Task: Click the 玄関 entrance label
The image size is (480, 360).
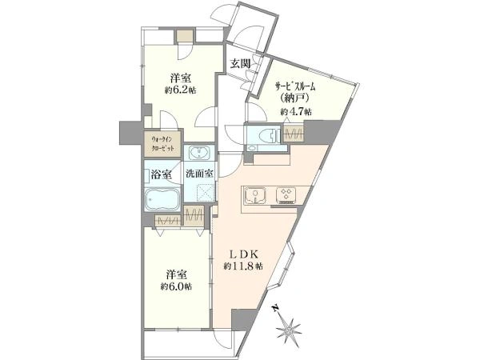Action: (240, 64)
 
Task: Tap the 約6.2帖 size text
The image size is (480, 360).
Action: (181, 90)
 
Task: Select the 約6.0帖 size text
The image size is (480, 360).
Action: (177, 287)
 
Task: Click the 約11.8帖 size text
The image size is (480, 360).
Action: (243, 266)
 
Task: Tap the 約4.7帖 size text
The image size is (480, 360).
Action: (296, 112)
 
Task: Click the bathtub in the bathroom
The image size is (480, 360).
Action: (162, 199)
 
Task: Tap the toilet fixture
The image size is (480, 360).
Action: (266, 136)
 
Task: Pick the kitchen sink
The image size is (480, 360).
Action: (255, 195)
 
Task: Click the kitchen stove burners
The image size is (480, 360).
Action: (286, 195)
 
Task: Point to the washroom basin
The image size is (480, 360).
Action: (199, 152)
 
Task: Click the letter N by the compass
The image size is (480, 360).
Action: (276, 308)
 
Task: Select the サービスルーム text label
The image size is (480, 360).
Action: (294, 87)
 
